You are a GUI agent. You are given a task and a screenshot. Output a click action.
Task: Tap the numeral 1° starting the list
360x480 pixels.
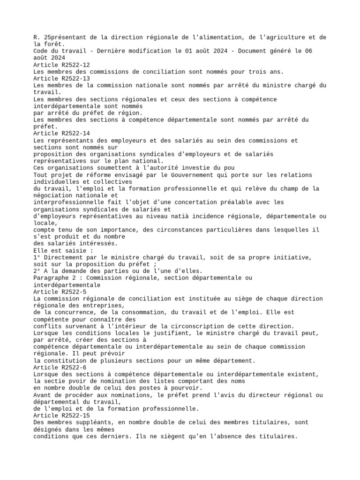(37, 257)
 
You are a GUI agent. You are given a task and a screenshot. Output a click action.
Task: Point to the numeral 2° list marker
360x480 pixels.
(37, 271)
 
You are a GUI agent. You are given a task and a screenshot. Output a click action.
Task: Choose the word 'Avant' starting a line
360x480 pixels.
(44, 395)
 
